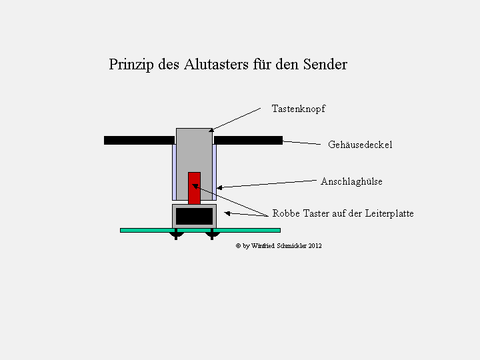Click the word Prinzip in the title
[x=131, y=65]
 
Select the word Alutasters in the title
[x=216, y=64]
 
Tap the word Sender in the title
[x=325, y=64]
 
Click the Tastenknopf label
[x=299, y=109]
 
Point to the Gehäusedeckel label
[x=360, y=145]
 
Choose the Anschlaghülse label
[x=351, y=181]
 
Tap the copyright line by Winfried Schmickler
[x=279, y=246]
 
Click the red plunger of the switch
[x=195, y=188]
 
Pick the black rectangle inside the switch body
[x=195, y=217]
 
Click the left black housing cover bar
[x=139, y=140]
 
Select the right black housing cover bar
[x=248, y=140]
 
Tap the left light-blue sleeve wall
[x=174, y=172]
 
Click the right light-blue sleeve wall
[x=214, y=172]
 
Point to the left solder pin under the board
[x=176, y=235]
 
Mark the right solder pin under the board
[x=212, y=235]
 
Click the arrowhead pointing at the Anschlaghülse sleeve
[x=219, y=187]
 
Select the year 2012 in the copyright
[x=315, y=246]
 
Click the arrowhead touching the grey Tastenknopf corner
[x=211, y=130]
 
